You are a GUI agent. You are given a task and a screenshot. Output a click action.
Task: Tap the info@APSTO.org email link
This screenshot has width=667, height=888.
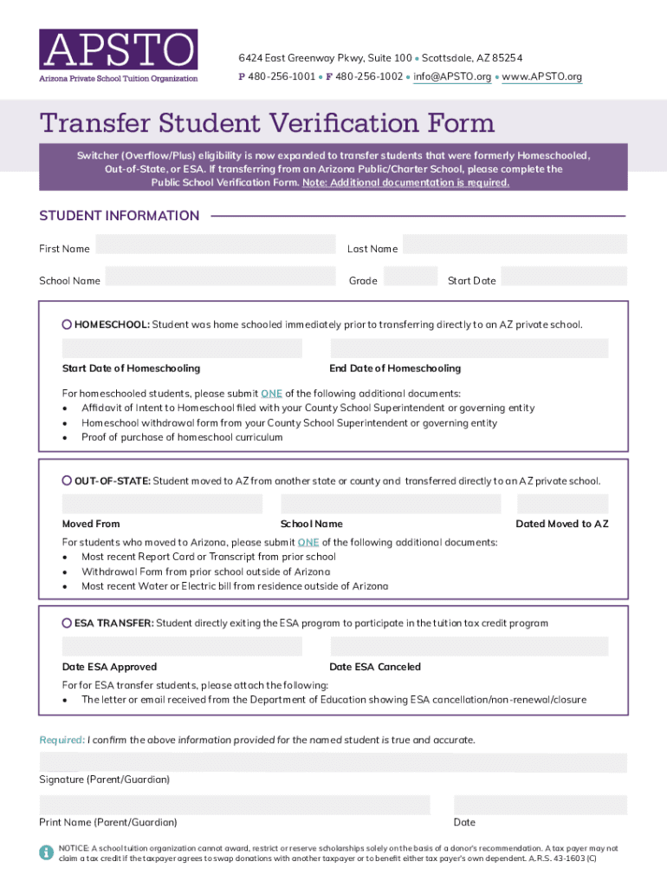click(452, 77)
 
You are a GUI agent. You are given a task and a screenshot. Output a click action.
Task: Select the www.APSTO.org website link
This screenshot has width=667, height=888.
click(541, 77)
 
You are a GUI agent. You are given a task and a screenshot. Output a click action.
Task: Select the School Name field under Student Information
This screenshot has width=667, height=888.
click(220, 277)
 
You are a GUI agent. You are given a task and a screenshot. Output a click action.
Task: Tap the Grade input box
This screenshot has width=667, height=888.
click(410, 277)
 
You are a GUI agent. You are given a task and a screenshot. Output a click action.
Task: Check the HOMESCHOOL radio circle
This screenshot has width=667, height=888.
click(67, 324)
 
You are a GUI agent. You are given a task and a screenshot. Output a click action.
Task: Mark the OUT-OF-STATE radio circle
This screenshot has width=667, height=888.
click(67, 480)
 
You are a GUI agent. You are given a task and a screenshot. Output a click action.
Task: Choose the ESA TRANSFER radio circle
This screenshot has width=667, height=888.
click(67, 623)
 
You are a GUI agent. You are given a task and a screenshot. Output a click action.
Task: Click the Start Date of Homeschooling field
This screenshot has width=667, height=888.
click(182, 349)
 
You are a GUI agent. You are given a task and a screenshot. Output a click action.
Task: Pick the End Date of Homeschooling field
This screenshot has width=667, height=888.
click(469, 349)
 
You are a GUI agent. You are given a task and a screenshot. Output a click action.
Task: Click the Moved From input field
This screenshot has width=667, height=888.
click(162, 504)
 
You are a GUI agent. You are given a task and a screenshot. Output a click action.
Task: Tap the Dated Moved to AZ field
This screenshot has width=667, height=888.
click(562, 504)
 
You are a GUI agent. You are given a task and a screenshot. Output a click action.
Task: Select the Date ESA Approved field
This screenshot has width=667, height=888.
click(182, 647)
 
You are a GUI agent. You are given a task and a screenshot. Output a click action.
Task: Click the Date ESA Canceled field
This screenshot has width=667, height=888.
click(469, 647)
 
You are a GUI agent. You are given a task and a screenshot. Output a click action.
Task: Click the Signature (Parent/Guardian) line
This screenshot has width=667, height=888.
click(333, 762)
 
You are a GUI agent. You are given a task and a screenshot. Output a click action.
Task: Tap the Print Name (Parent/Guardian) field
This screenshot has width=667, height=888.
click(234, 804)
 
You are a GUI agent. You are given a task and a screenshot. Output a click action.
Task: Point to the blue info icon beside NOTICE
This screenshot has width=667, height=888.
click(46, 852)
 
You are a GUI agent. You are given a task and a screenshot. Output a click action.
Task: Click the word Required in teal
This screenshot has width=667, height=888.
click(61, 740)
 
